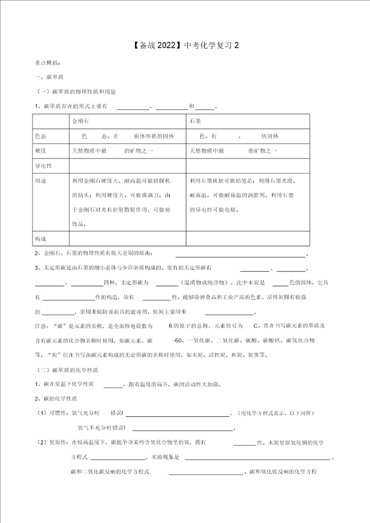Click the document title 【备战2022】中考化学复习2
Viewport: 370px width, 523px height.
[185, 45]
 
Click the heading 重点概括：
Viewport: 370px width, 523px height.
[47, 63]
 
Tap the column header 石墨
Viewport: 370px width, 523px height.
[195, 122]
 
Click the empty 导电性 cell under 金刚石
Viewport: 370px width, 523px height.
[127, 166]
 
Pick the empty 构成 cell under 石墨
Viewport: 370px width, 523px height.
[247, 239]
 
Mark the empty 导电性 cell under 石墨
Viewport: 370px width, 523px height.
[247, 166]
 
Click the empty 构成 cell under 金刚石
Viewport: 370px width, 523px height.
[127, 239]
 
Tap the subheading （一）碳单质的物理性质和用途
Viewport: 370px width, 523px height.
[76, 91]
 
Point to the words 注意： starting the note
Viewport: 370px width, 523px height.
[44, 326]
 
